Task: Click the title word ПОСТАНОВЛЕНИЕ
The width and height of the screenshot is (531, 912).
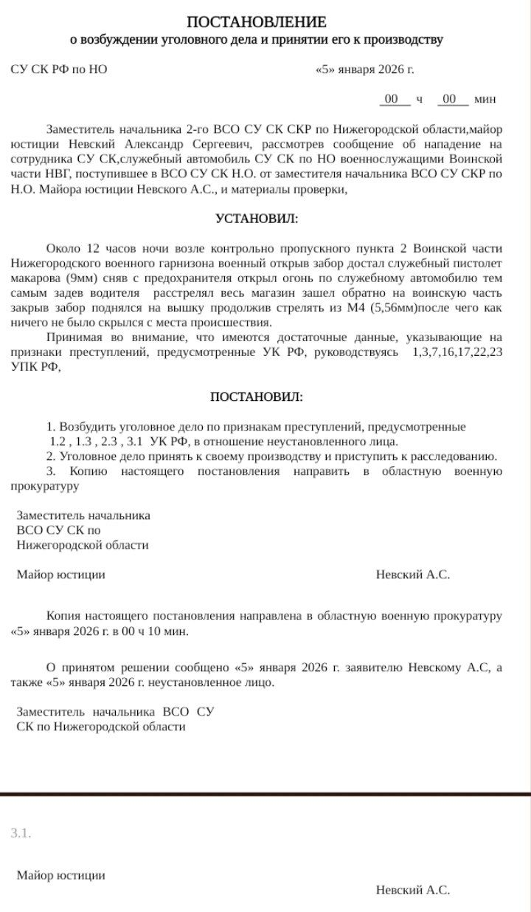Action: coord(256,22)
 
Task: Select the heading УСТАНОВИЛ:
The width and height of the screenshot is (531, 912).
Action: coord(257,219)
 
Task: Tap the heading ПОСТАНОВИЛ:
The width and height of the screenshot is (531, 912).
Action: coord(256,397)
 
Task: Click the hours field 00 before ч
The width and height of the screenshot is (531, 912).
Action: coord(392,99)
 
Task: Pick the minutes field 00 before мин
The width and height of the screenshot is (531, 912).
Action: coord(450,99)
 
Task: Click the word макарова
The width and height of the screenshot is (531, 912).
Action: coord(35,278)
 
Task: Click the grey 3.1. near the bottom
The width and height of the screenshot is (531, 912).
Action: coord(21,833)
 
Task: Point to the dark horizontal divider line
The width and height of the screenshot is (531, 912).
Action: coord(265,794)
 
